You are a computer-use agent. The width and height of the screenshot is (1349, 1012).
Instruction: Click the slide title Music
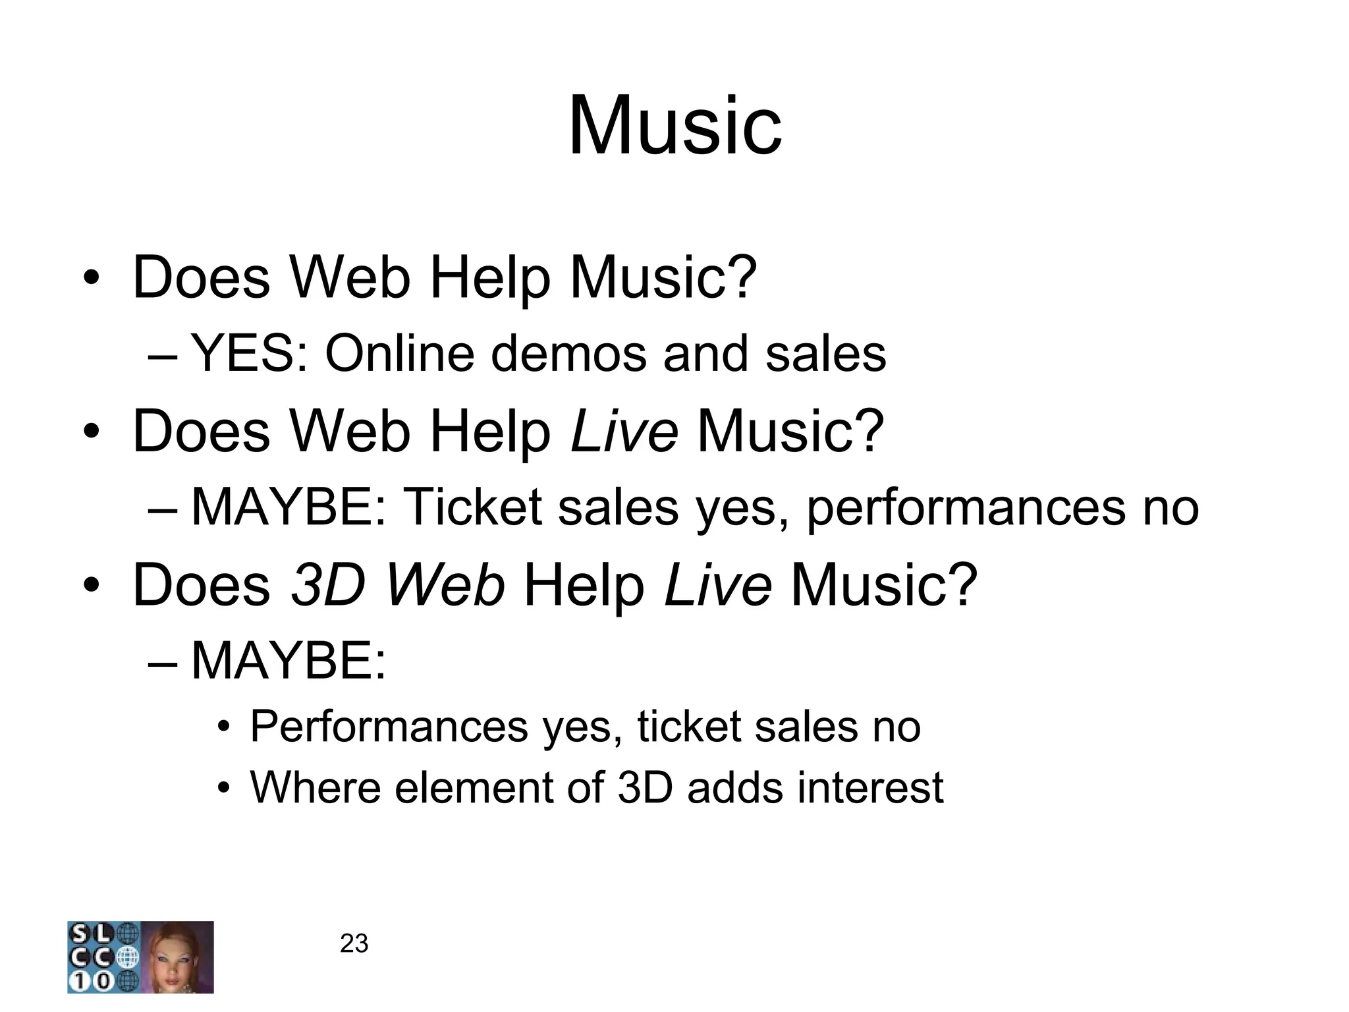tap(674, 125)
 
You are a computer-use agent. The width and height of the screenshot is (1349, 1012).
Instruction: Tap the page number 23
tap(354, 944)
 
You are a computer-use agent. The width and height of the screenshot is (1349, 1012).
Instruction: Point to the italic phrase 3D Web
tap(398, 584)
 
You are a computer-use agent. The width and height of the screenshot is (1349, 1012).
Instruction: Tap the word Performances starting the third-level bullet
tap(389, 727)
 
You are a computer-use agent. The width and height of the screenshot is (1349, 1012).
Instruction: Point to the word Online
tap(399, 354)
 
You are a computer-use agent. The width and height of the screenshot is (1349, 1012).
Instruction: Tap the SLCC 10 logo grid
tap(103, 957)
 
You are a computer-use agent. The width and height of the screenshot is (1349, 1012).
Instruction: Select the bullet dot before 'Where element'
tap(225, 789)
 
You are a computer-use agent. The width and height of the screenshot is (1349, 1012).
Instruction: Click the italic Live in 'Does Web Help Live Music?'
tap(624, 432)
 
